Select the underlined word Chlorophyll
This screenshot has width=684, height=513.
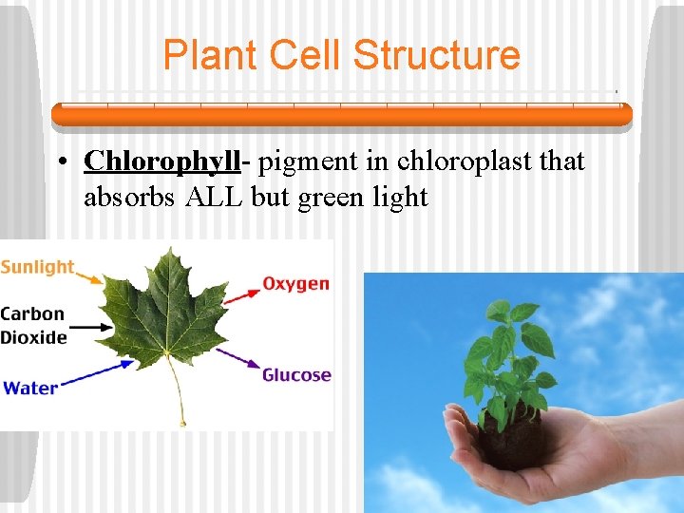coord(161,161)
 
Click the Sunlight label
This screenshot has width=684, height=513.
coord(38,267)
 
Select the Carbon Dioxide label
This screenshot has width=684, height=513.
coord(33,325)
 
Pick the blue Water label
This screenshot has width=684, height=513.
coord(30,388)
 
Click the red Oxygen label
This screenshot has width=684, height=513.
coord(295,284)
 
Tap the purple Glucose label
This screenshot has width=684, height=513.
coord(296,375)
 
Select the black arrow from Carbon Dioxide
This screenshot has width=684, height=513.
coord(95,327)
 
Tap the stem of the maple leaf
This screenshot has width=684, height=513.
coord(178,394)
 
